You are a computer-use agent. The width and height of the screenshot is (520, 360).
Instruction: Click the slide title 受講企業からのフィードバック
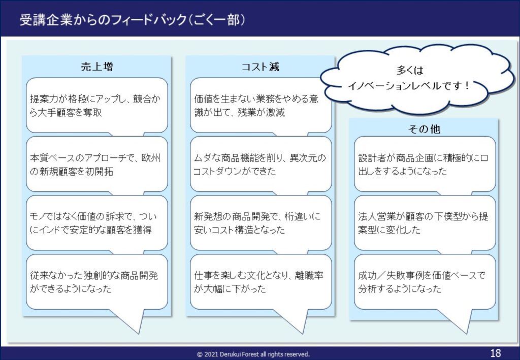tap(103, 20)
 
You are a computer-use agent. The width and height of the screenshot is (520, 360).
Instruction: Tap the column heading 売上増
tap(97, 67)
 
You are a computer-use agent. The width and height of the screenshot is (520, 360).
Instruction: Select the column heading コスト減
tap(261, 67)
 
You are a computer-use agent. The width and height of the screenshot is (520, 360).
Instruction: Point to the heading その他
tap(424, 128)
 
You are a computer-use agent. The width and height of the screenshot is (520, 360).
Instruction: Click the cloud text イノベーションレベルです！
tap(409, 86)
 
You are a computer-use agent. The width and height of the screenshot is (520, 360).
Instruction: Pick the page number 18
tap(496, 353)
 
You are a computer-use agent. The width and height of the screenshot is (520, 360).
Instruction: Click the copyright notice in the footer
tap(253, 354)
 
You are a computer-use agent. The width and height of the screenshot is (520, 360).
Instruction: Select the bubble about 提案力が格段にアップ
tap(97, 106)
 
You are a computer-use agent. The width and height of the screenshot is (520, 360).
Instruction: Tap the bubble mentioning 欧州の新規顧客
tap(97, 164)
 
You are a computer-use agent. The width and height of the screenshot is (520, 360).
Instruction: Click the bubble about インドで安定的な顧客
tap(97, 223)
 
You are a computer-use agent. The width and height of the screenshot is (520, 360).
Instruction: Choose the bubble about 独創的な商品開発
tap(97, 282)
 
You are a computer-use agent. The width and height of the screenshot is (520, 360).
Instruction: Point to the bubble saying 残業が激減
tap(261, 106)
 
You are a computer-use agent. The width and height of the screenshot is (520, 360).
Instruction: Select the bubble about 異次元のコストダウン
tap(261, 164)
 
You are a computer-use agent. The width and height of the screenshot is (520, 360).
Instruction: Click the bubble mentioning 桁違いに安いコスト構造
tap(261, 223)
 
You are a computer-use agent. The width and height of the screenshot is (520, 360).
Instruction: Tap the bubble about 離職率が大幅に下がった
tap(261, 282)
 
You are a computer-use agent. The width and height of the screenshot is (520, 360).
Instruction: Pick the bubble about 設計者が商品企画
tap(425, 164)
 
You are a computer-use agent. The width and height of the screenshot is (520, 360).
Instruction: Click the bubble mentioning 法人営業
tap(425, 223)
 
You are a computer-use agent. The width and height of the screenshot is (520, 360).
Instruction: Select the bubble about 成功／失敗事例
tap(425, 282)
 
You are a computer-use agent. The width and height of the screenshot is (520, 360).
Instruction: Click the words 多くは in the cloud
tap(410, 70)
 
